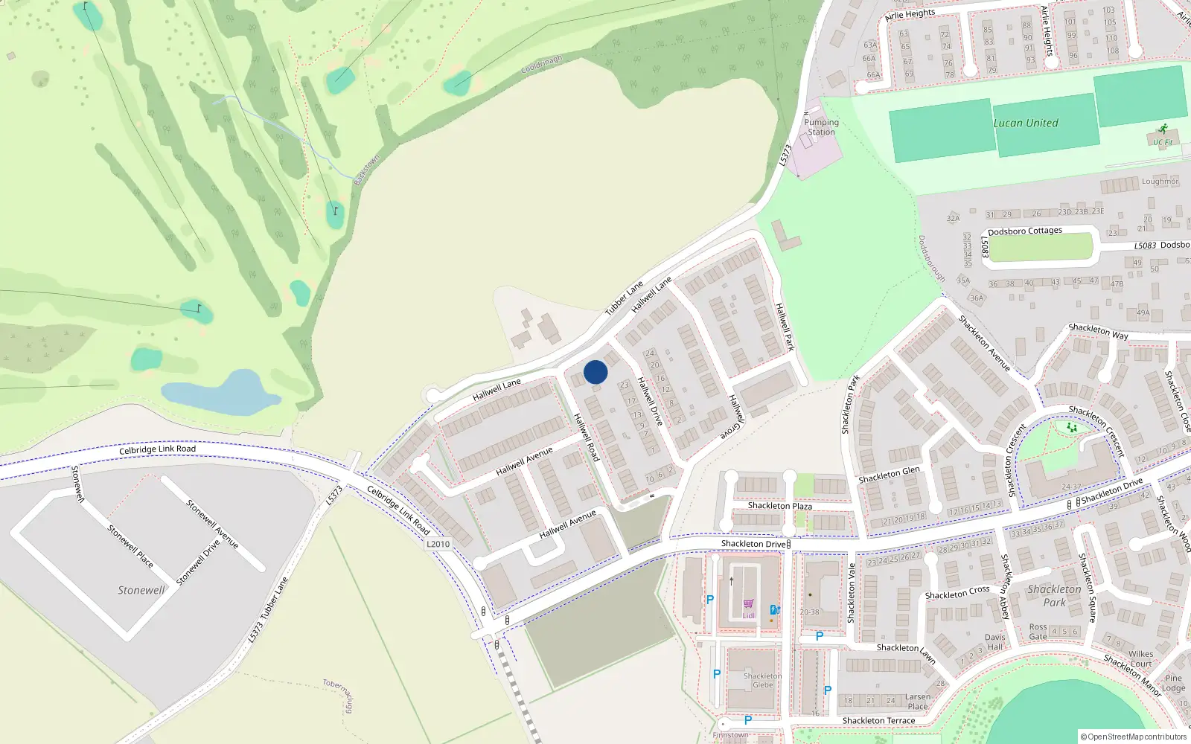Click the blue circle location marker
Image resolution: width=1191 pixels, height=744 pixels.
595,372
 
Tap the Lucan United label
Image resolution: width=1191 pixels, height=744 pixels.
1025,124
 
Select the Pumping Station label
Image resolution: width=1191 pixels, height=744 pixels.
821,127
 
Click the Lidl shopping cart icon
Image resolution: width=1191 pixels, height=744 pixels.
748,604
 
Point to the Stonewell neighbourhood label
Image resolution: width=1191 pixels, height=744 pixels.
141,590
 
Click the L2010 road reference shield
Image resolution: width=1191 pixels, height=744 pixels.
438,544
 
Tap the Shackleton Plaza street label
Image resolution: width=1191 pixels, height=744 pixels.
779,506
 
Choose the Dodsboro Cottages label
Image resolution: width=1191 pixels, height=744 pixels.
1024,231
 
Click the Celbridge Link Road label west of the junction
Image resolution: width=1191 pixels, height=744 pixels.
157,449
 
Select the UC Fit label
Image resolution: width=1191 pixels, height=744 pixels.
1163,142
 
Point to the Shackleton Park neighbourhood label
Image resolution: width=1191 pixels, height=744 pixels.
1054,595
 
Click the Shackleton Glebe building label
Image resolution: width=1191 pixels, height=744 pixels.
762,680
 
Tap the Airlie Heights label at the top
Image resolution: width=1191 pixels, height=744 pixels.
910,14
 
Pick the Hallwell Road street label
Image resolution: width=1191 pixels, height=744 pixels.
587,437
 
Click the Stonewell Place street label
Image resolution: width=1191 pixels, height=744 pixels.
130,547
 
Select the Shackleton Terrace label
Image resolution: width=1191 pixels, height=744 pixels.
878,720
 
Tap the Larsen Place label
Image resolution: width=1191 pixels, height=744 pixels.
918,702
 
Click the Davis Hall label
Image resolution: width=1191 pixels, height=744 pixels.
994,642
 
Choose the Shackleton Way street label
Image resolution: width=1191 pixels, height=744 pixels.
1098,331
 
